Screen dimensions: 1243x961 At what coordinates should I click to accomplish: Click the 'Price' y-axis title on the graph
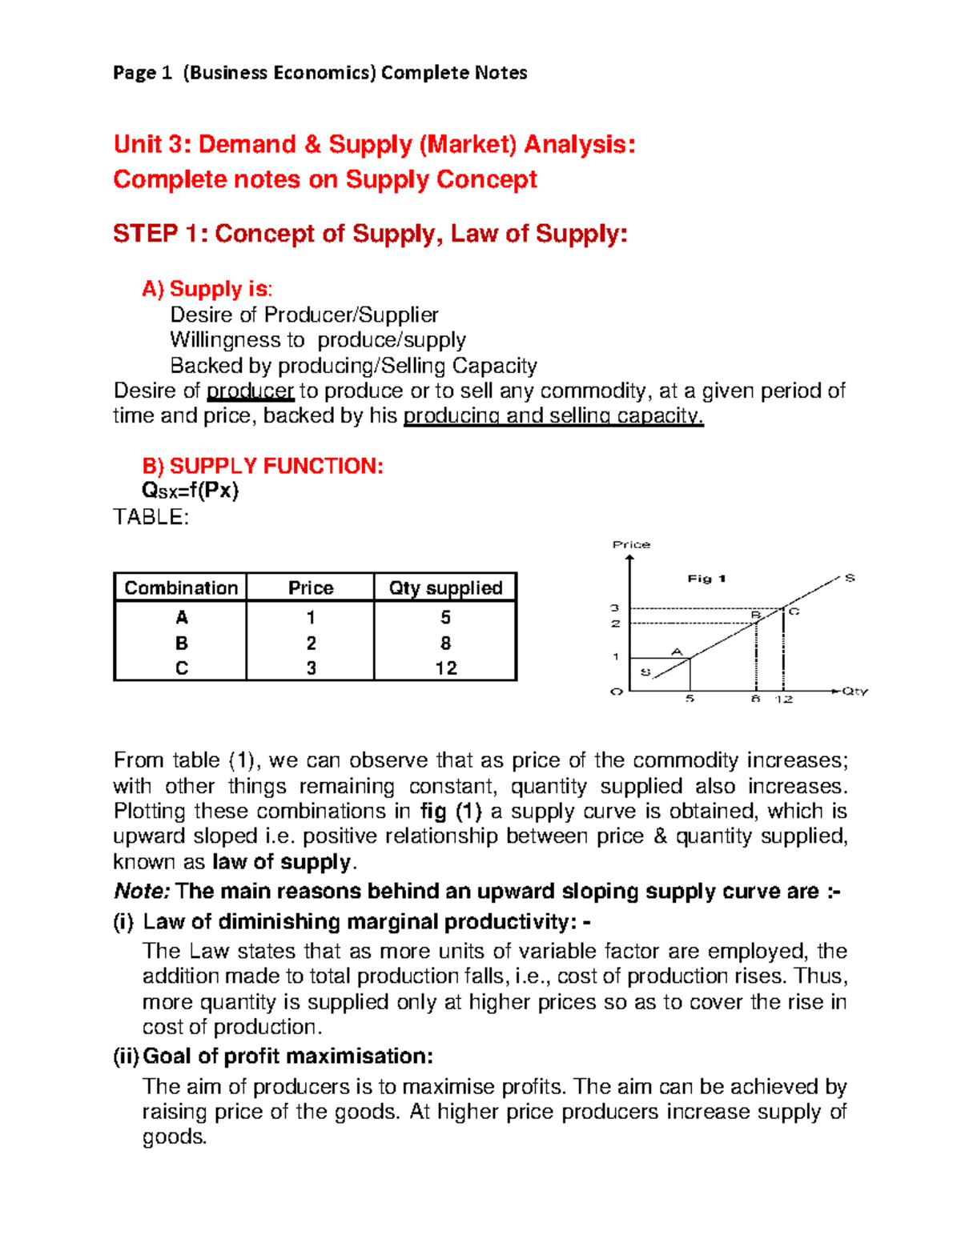coord(631,544)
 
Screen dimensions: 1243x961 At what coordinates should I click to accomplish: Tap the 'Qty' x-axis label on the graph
coord(854,692)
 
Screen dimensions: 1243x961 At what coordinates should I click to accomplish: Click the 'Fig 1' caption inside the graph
coord(706,578)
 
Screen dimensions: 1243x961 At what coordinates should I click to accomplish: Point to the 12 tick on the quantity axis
coord(783,700)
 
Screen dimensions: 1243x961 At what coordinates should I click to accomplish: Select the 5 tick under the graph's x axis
coord(690,699)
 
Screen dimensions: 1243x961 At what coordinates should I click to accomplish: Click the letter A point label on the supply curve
coord(677,652)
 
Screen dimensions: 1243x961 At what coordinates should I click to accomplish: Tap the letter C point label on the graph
coord(794,611)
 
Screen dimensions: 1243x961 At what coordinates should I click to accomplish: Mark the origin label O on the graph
coord(616,692)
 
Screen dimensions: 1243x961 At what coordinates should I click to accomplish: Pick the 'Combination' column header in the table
coord(181,587)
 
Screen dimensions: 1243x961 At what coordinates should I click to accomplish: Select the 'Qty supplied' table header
coord(445,587)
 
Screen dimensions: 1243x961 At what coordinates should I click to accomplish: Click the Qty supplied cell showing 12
coord(445,668)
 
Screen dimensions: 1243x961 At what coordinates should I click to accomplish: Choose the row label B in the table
coord(182,644)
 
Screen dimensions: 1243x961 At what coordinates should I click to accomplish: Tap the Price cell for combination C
coord(311,668)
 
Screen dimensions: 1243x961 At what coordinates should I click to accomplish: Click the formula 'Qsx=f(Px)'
coord(190,491)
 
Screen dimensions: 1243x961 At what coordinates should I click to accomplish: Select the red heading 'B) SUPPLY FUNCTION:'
coord(263,466)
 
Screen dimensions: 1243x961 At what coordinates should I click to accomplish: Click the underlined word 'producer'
coord(251,391)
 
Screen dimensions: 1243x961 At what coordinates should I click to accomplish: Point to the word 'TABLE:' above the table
coord(151,517)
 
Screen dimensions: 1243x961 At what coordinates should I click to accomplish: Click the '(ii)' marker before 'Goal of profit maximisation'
coord(126,1057)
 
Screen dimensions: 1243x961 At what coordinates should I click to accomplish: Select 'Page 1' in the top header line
coord(143,73)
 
